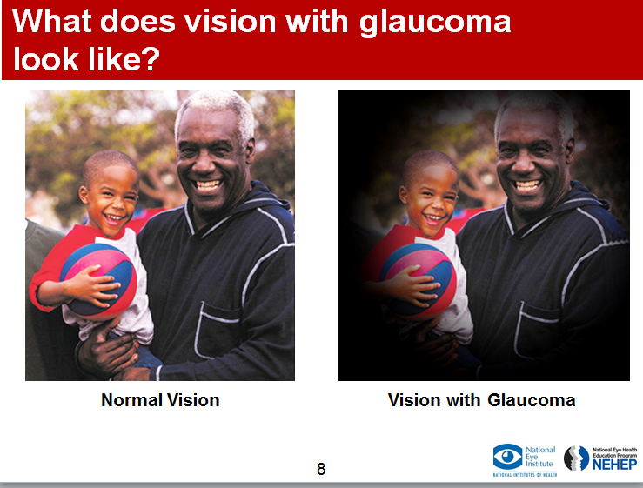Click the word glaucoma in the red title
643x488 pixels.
tap(435, 23)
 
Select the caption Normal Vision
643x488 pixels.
tap(160, 400)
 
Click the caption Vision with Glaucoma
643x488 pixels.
tap(481, 400)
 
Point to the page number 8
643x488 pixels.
tap(321, 469)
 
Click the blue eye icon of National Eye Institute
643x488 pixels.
tap(507, 456)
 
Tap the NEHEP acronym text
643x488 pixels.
tap(614, 465)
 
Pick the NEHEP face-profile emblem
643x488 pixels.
tap(577, 458)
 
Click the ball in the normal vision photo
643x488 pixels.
tap(99, 280)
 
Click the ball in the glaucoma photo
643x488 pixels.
tap(419, 280)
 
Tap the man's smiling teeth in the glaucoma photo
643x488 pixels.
tap(528, 185)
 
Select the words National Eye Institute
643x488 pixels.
tap(540, 457)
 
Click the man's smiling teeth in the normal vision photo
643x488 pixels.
tap(208, 185)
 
